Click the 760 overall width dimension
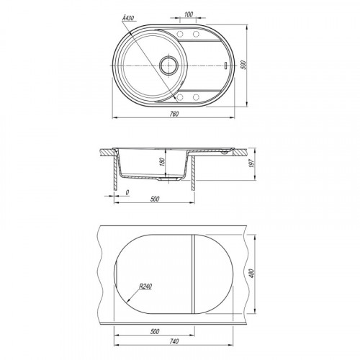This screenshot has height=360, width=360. click(174, 114)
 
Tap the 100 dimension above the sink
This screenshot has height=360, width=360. click(189, 14)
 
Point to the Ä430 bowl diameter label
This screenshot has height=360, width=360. click(128, 18)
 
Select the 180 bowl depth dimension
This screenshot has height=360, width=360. click(163, 162)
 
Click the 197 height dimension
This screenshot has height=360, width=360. click(251, 163)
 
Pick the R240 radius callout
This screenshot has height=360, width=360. click(145, 287)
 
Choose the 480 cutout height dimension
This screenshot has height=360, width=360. click(251, 274)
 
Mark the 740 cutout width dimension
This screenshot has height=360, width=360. click(174, 341)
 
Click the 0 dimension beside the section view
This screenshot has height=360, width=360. click(127, 192)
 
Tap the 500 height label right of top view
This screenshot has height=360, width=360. click(243, 65)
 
